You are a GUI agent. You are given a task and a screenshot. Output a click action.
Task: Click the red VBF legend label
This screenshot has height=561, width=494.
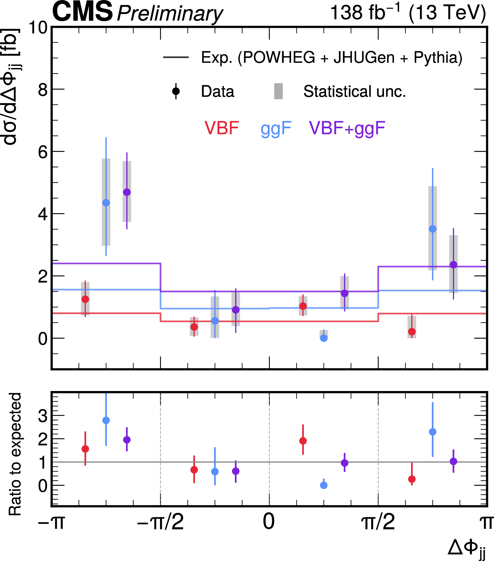pos(222,128)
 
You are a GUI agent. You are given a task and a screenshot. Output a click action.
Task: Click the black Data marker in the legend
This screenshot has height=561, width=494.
pos(176,91)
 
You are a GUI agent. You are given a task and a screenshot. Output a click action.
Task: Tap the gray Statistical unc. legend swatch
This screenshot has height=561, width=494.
pos(278,91)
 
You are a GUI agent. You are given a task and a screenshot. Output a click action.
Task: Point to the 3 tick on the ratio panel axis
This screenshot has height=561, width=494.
pos(43,416)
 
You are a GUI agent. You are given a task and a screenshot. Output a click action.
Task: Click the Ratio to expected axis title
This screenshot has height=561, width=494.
pos(15,454)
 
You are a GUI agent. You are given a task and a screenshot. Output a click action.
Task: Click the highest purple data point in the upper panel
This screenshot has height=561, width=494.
pos(127,192)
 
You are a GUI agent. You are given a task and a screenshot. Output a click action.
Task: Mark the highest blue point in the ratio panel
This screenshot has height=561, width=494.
pos(106,420)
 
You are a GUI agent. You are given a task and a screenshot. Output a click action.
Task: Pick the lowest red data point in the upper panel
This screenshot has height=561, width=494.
pos(412,331)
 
